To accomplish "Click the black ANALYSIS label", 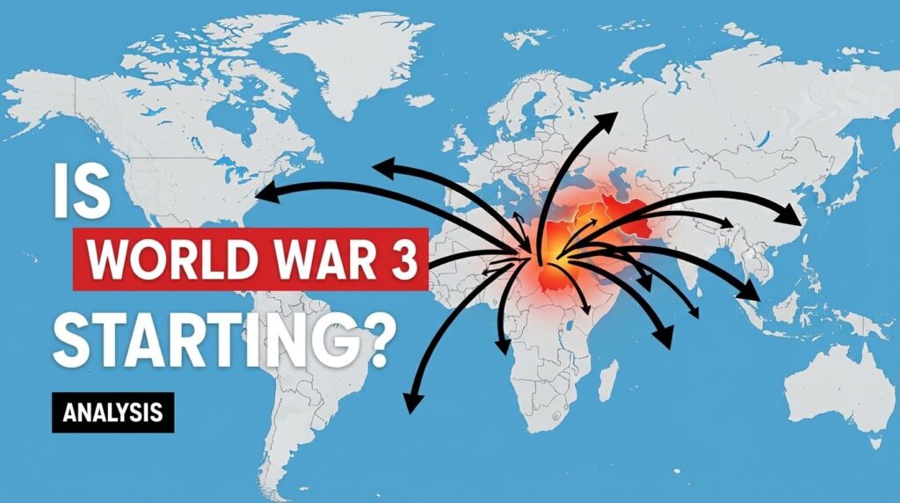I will tap(112, 412).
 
